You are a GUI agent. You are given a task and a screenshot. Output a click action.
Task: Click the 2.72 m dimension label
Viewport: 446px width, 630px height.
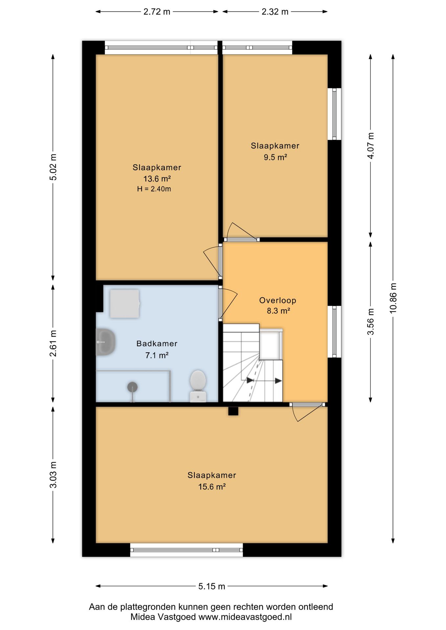coord(157,12)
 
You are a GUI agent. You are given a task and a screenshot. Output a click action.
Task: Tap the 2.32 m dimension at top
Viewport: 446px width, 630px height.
coord(275,12)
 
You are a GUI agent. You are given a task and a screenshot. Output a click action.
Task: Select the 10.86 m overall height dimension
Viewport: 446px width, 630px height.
coord(393,298)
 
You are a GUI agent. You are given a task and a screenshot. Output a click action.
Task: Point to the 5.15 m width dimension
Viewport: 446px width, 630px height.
coord(212,586)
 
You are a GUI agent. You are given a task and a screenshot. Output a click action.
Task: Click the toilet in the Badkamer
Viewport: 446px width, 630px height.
coord(198,386)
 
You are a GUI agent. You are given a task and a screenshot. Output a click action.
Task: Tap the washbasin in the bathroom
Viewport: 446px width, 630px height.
coord(105,342)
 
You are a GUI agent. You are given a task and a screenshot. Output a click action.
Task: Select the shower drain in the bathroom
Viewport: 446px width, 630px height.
coord(132,388)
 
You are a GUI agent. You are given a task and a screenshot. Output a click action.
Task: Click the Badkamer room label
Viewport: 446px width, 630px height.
coord(157,344)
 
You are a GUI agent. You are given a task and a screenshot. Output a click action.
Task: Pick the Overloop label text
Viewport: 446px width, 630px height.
coord(278,300)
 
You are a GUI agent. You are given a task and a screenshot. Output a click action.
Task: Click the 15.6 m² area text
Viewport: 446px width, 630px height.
coord(212,487)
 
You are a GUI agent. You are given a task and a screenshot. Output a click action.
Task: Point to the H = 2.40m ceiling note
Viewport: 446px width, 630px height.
coord(154,189)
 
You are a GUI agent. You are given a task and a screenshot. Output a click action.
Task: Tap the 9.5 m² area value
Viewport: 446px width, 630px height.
coord(275,157)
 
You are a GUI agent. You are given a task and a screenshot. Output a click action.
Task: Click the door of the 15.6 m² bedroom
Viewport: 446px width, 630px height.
coord(307,412)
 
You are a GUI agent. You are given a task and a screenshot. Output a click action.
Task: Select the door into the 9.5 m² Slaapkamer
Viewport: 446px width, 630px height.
coord(241,232)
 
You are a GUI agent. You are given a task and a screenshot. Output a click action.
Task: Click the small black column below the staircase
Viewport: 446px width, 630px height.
coord(233,411)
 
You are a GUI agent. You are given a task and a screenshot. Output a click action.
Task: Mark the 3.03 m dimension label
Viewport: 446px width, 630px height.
coord(53,474)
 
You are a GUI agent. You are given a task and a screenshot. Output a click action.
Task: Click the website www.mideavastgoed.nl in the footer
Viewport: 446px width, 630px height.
coord(245,617)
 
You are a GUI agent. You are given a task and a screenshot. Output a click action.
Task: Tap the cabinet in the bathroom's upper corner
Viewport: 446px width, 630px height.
coord(124,304)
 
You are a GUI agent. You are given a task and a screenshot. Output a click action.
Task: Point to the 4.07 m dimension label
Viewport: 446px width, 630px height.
coord(371,146)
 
